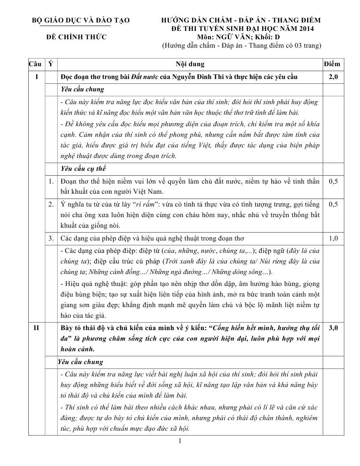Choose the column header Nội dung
coord(190,64)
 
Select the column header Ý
coord(51,64)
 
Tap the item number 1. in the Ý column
coord(51,181)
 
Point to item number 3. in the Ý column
coord(51,239)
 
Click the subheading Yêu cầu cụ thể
coord(83,169)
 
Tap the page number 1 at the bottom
coord(180,441)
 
